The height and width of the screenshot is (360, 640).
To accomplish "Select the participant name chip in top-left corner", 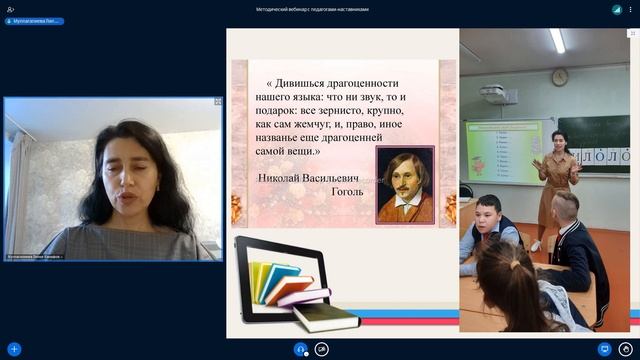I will (35, 21).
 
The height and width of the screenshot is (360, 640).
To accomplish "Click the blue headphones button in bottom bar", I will (300, 349).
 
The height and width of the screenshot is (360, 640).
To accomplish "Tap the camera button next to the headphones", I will (322, 349).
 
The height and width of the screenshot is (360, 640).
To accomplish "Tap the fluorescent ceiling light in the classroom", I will (557, 40).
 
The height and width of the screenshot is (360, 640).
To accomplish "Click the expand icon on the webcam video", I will (218, 101).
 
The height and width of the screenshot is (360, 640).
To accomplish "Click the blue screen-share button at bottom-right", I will (604, 349).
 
